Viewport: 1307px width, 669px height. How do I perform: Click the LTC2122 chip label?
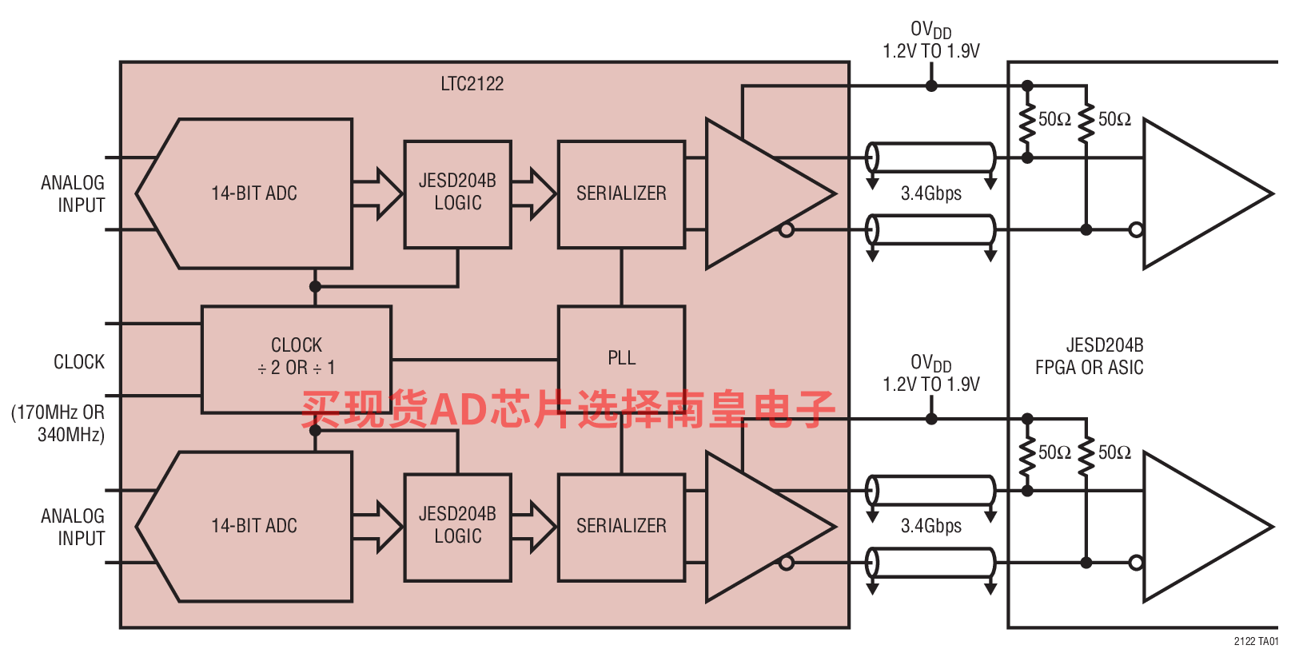tap(472, 84)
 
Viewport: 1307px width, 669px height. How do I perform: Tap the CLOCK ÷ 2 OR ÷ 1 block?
tap(297, 360)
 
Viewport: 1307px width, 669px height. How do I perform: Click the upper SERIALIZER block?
tap(621, 194)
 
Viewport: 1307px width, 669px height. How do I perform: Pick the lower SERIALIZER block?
tap(621, 528)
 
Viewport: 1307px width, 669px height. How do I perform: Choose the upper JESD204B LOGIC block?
tap(458, 194)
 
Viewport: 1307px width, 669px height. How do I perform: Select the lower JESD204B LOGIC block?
tap(458, 528)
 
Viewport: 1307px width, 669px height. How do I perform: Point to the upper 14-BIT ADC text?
tap(254, 193)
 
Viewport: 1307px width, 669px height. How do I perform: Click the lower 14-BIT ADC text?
tap(254, 525)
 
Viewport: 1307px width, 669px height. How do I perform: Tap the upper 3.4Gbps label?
tap(931, 193)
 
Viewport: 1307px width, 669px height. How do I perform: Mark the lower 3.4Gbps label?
tap(931, 525)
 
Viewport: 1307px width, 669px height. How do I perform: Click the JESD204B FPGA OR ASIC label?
tap(1090, 356)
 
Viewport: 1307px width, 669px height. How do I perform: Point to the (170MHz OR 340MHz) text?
tap(58, 424)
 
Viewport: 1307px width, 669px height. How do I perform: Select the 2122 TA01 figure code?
tap(1256, 641)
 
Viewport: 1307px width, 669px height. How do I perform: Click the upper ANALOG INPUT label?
tap(73, 194)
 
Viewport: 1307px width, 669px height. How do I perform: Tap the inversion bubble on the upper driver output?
tap(787, 230)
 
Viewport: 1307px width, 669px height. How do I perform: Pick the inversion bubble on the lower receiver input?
tap(1136, 563)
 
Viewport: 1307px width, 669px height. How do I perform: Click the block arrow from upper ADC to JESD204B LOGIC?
tap(378, 193)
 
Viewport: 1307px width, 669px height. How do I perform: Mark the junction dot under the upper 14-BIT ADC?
tap(315, 286)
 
